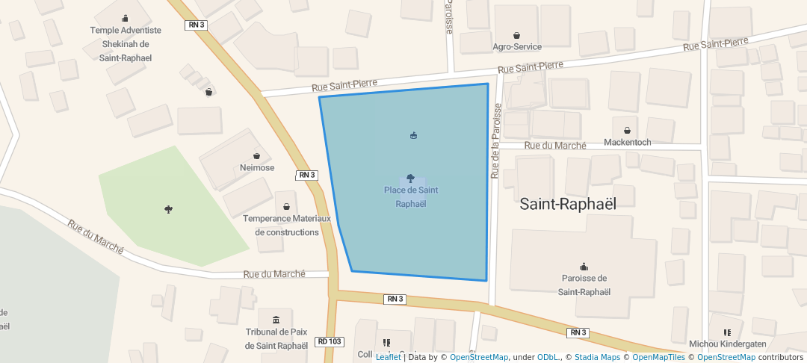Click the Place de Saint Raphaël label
411,196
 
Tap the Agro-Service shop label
517,46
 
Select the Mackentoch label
627,142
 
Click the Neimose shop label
257,167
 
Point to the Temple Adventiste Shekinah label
126,43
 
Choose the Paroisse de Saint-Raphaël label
584,285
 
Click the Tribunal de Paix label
276,338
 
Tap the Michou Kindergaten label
727,344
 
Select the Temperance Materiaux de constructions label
287,225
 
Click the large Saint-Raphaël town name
568,204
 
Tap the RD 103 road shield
330,341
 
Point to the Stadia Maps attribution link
596,357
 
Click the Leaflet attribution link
388,357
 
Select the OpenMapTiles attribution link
655,357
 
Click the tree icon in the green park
168,210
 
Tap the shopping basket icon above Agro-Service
516,35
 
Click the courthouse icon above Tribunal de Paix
276,320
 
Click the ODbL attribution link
548,357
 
